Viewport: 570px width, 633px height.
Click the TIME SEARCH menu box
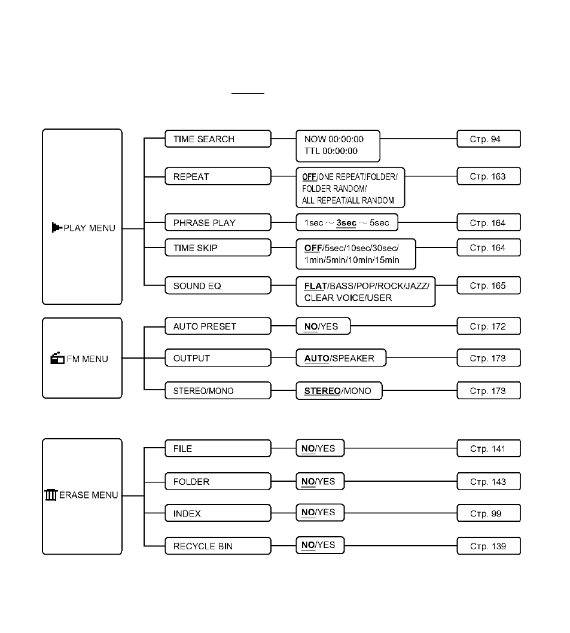[218, 139]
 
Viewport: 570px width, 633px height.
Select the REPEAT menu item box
[218, 176]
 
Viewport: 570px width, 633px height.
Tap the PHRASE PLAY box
[218, 222]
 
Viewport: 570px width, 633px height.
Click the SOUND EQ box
[218, 285]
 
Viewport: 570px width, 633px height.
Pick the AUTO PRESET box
[218, 326]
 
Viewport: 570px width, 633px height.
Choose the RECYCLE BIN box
[218, 546]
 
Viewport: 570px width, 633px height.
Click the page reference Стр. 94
[489, 139]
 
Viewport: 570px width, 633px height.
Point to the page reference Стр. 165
[489, 285]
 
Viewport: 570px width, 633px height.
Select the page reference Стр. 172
[489, 326]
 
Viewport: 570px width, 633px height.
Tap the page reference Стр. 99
[489, 513]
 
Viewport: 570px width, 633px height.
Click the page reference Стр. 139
[489, 546]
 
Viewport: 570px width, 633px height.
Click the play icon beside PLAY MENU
[57, 228]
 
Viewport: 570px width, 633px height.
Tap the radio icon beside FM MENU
[57, 358]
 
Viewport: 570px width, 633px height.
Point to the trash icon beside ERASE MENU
[51, 494]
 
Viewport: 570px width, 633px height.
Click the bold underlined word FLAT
[315, 286]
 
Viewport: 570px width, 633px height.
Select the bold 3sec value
[346, 223]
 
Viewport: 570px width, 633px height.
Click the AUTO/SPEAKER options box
[341, 358]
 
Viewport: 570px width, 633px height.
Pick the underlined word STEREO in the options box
[322, 391]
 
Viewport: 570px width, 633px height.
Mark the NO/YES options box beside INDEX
[320, 513]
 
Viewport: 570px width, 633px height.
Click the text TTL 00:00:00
[331, 151]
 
